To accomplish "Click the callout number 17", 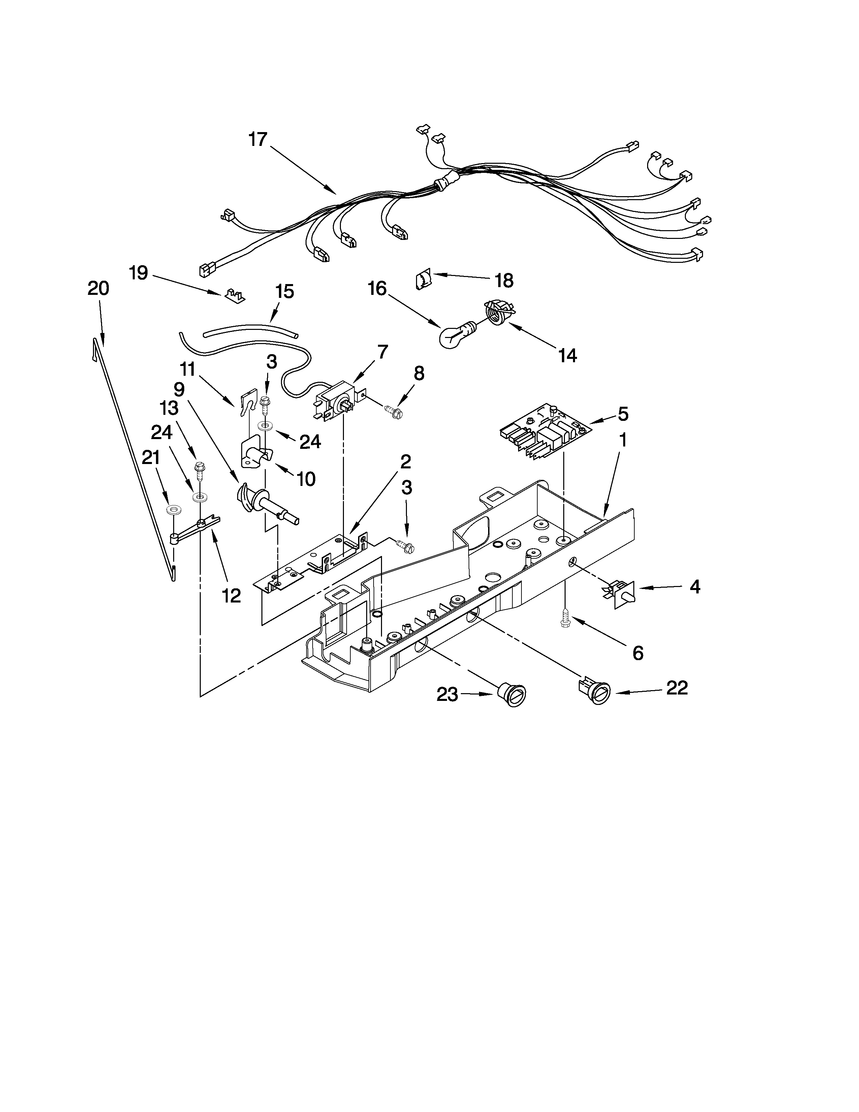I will tap(258, 140).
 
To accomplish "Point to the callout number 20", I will tap(98, 289).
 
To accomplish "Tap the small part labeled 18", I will tap(423, 280).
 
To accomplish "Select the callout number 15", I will tap(284, 292).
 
